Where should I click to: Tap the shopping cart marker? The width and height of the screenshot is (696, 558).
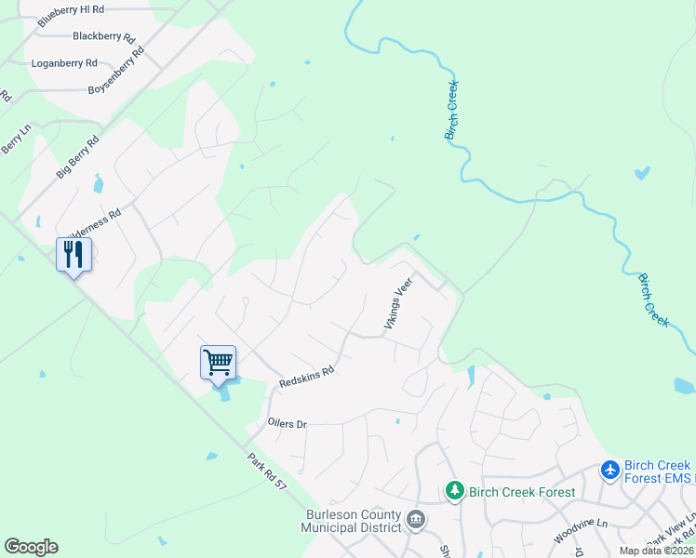(x=218, y=361)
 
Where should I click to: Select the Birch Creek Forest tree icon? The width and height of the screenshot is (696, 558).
(x=454, y=489)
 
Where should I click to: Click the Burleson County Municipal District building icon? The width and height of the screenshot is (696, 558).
(x=416, y=519)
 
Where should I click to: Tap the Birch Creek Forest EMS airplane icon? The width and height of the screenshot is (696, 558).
(x=610, y=471)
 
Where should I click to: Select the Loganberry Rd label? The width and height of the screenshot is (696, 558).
(x=64, y=63)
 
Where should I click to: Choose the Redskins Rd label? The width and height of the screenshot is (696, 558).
(x=306, y=377)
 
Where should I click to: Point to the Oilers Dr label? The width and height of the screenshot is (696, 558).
(x=287, y=424)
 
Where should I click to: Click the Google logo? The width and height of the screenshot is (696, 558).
(x=31, y=547)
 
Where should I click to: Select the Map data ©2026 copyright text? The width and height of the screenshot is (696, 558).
(x=657, y=551)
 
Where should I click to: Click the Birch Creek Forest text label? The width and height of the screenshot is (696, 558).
(x=522, y=492)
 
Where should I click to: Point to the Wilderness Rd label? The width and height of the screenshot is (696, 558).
(x=94, y=224)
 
